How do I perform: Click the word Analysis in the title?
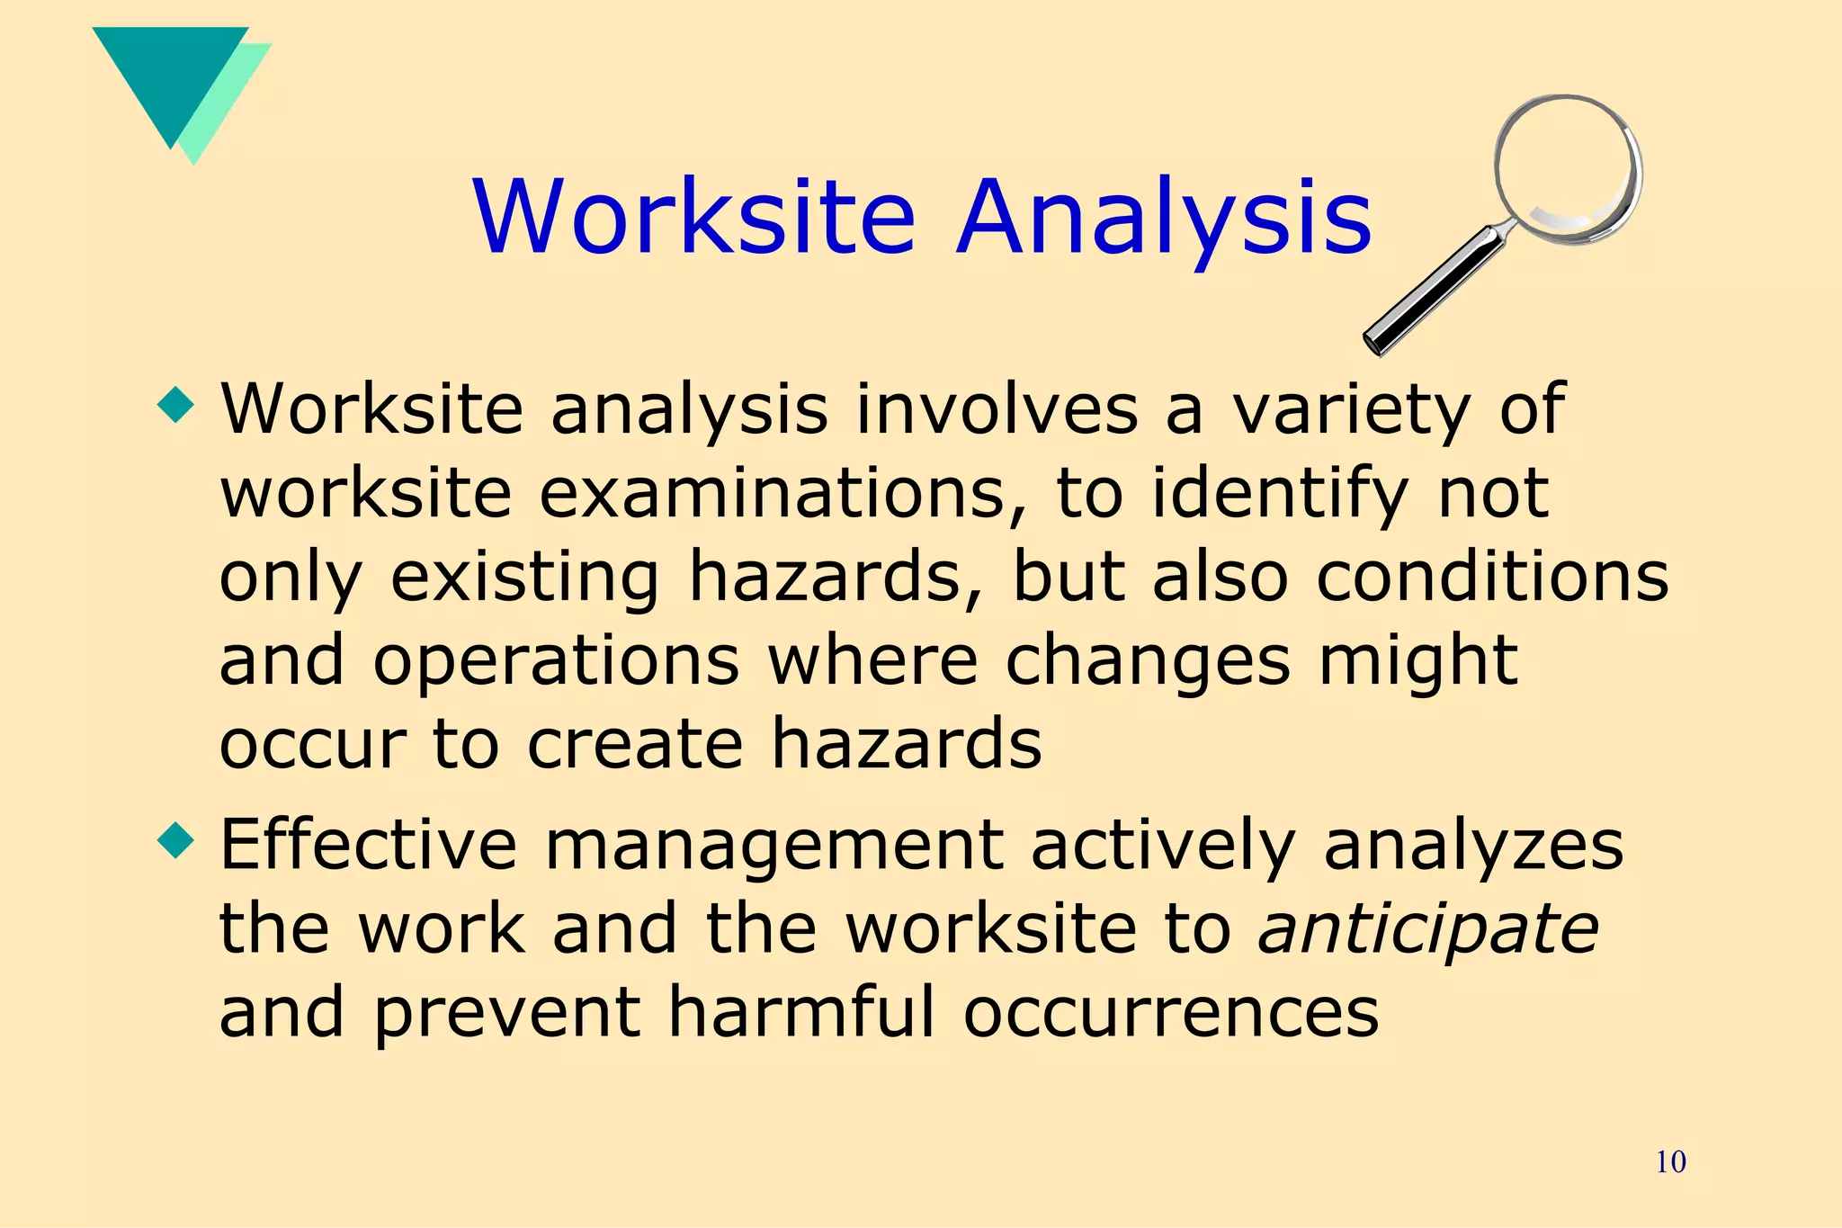point(1164,218)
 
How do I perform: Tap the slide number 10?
point(1670,1161)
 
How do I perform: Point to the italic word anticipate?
point(1428,928)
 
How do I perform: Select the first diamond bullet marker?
point(175,405)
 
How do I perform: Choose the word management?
point(774,846)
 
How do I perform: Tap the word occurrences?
point(1171,1012)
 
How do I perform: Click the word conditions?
point(1492,577)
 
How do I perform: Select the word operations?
point(556,661)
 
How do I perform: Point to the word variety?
point(1349,410)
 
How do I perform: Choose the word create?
point(634,744)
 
